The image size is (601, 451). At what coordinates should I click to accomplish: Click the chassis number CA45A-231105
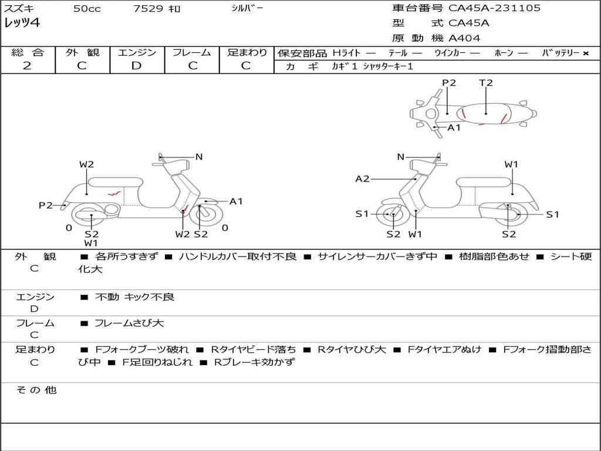click(494, 8)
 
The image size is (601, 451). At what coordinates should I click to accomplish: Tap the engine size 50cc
click(87, 9)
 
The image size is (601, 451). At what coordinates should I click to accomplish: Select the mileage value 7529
click(148, 9)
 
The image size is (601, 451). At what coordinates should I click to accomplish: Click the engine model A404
click(464, 38)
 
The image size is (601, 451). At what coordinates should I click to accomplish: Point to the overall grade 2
click(27, 66)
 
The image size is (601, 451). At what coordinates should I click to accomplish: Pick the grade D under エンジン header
click(137, 66)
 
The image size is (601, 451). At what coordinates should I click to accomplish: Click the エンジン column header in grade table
click(137, 52)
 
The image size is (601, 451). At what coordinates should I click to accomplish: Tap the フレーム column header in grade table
click(192, 52)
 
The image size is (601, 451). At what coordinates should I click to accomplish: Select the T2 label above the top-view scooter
click(485, 83)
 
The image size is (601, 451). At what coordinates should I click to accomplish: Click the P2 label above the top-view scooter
click(449, 83)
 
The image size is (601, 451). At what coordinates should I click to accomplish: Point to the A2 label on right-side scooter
click(363, 179)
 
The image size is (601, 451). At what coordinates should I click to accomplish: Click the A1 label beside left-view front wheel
click(236, 201)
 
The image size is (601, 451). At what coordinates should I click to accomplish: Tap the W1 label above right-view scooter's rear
click(511, 164)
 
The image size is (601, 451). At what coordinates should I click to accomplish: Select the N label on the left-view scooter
click(199, 157)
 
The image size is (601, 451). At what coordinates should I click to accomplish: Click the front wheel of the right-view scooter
click(392, 215)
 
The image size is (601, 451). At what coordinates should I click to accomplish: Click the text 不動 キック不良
click(134, 297)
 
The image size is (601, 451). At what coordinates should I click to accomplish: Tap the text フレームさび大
click(129, 323)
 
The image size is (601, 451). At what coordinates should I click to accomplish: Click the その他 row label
click(36, 390)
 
